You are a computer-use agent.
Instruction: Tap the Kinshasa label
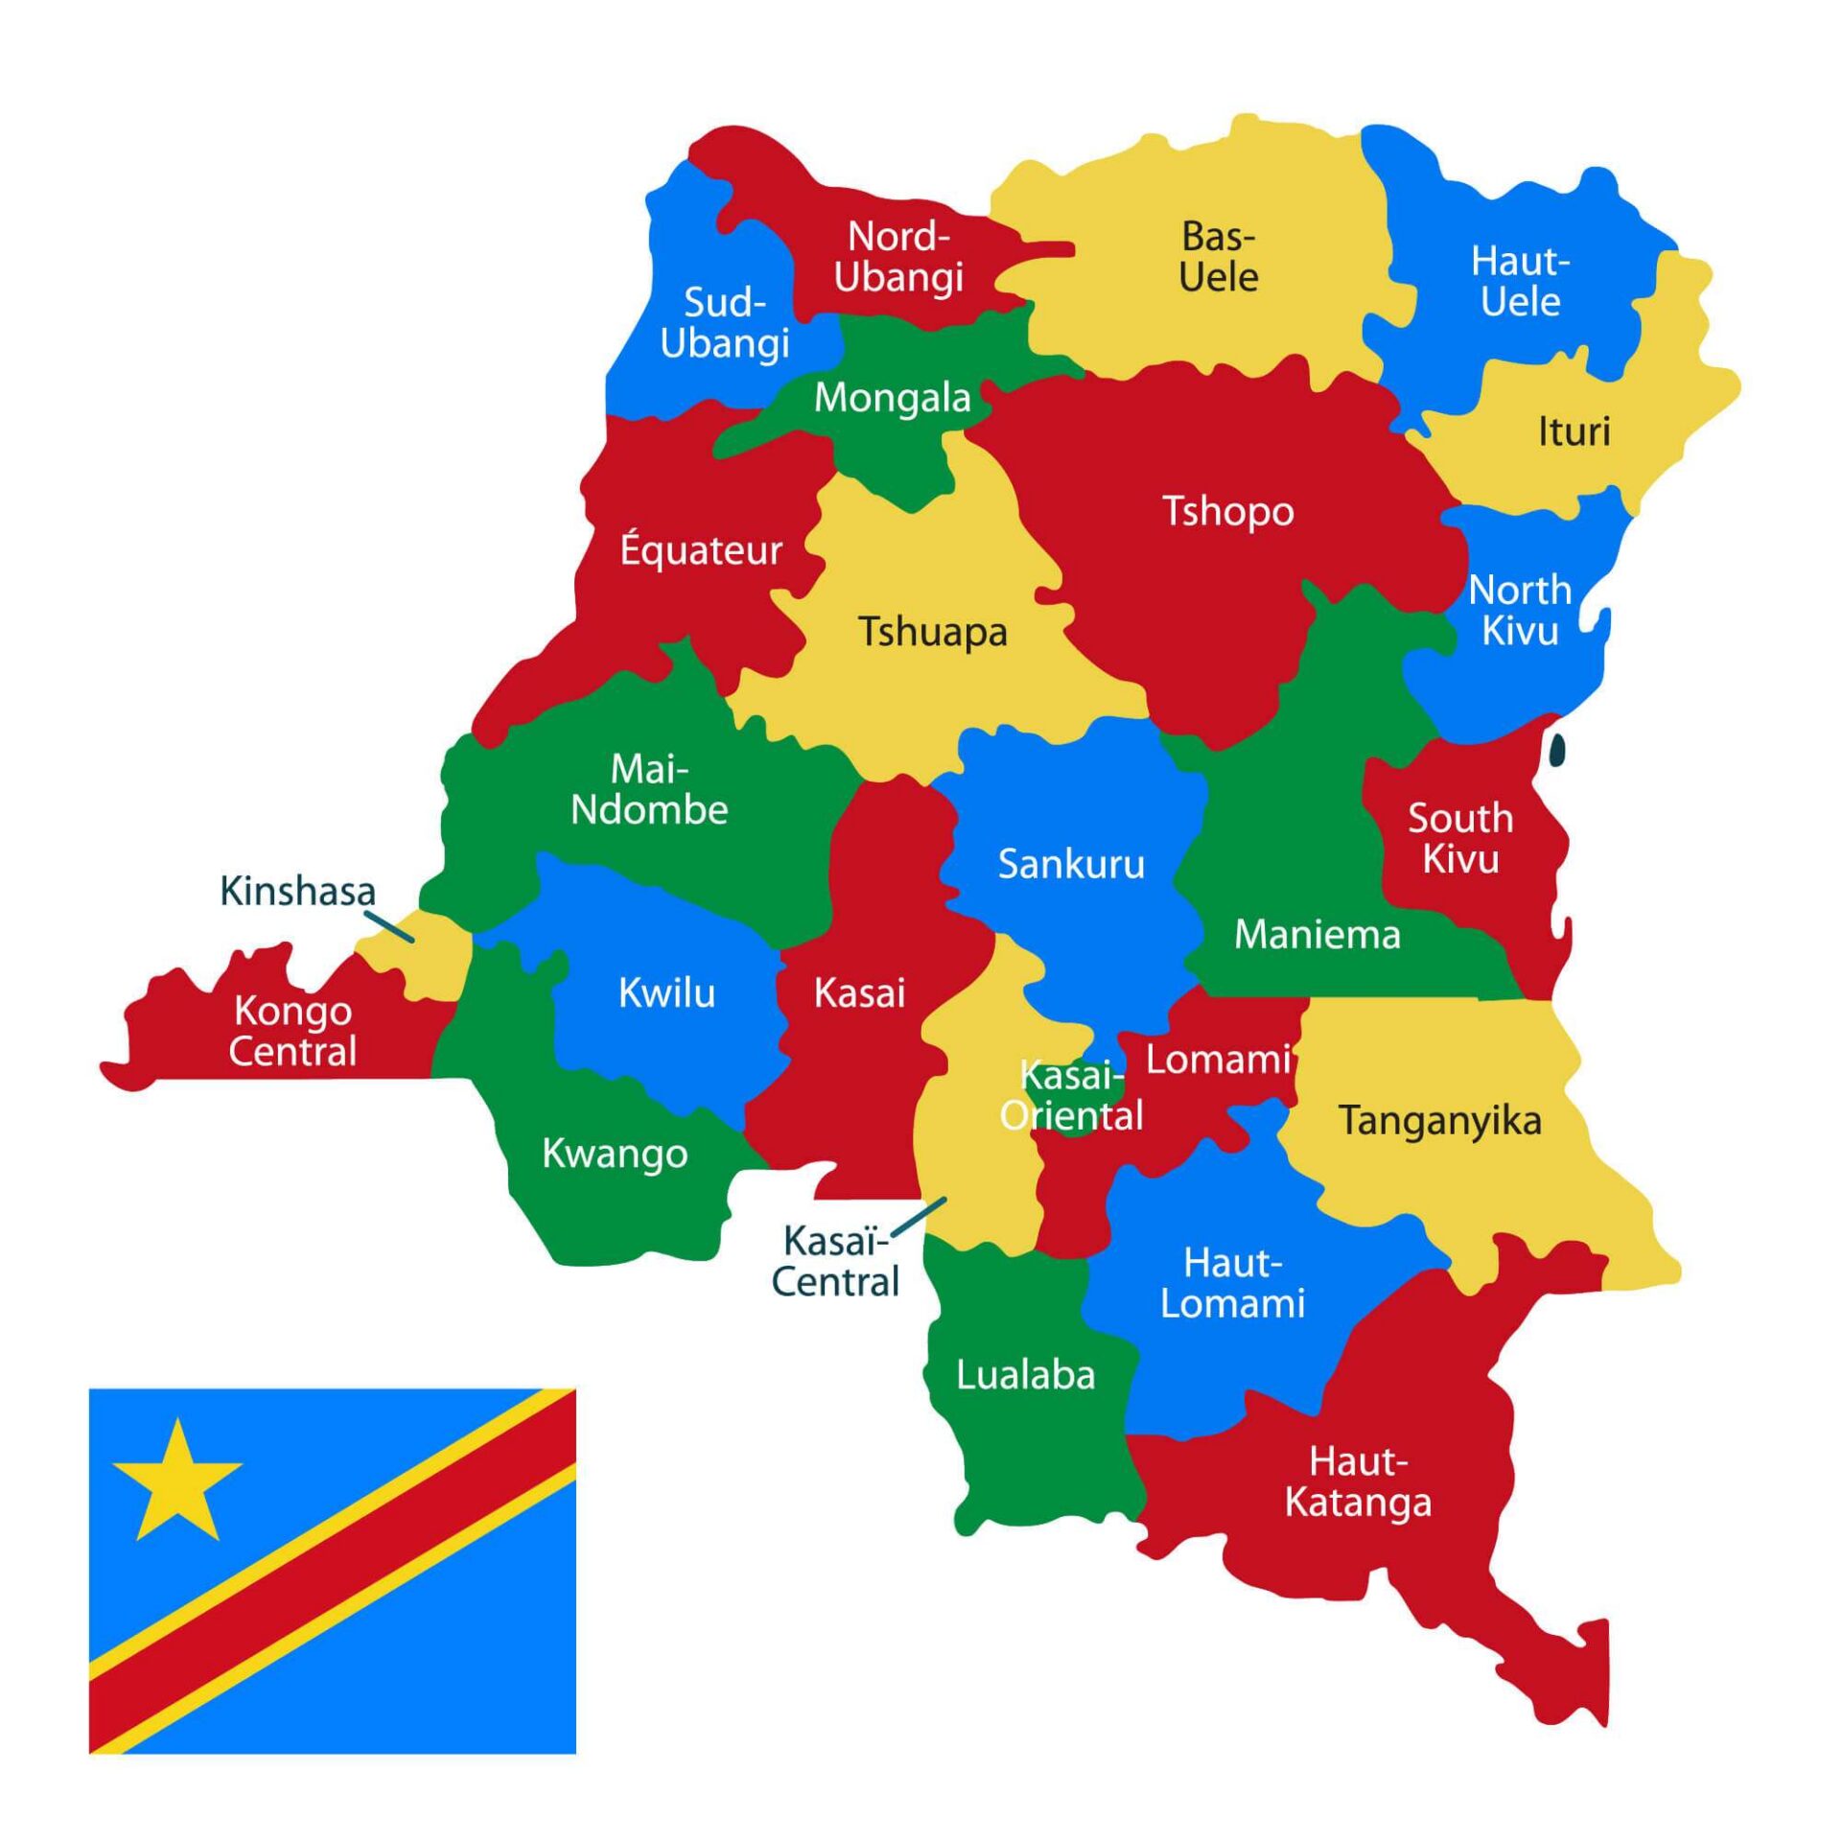point(297,891)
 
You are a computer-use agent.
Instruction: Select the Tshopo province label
point(1227,512)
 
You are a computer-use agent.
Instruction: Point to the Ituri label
point(1573,431)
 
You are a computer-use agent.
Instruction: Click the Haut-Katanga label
point(1358,1482)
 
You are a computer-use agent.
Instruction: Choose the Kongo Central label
point(292,1031)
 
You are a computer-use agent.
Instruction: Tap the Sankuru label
point(1071,864)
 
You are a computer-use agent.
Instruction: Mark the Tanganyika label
point(1440,1120)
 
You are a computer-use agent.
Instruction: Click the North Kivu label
point(1520,610)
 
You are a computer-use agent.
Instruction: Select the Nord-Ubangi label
point(898,256)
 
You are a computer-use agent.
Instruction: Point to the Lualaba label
point(1025,1376)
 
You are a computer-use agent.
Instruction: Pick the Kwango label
point(615,1154)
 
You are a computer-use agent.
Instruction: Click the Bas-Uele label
point(1218,256)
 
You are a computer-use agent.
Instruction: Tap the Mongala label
point(892,398)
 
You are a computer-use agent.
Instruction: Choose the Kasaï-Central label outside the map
point(835,1262)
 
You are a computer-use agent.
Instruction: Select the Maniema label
point(1317,934)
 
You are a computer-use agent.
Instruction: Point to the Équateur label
point(701,549)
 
